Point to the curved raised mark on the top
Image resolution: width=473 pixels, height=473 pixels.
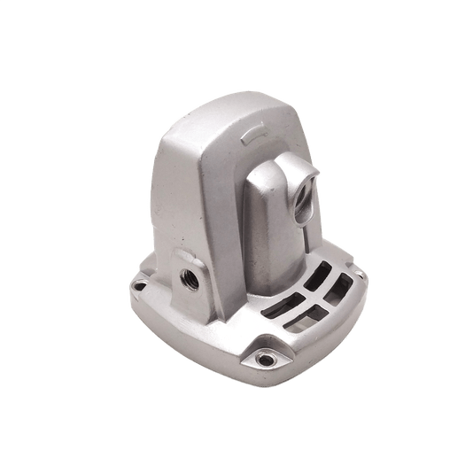[254, 133]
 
